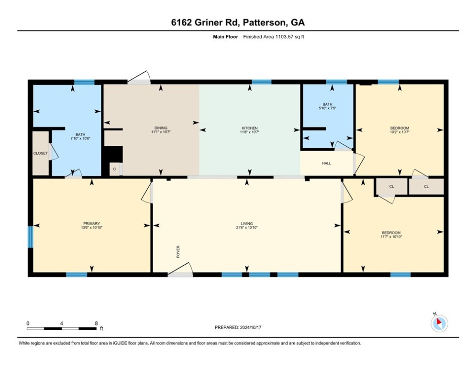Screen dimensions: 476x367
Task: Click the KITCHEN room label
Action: (250, 128)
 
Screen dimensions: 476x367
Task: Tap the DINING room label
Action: (161, 128)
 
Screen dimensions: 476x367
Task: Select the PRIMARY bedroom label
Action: (92, 224)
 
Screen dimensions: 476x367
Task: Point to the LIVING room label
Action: (247, 224)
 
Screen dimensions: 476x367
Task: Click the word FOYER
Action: (178, 252)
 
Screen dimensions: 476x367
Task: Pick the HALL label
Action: (327, 163)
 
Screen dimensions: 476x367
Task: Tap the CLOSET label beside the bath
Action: (40, 153)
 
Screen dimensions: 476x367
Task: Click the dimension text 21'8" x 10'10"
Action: (247, 227)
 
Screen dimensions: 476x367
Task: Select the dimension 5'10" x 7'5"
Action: (328, 108)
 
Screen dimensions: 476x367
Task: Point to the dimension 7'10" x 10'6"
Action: (80, 138)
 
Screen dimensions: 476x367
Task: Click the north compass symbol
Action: (439, 324)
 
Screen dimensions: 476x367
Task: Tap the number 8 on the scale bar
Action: (96, 324)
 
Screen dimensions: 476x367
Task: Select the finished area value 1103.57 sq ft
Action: (289, 37)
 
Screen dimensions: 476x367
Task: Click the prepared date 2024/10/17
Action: (251, 327)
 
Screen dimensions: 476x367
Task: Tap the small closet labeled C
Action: (114, 169)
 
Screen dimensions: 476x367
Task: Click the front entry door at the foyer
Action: (180, 270)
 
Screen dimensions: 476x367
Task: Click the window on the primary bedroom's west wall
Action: (30, 237)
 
